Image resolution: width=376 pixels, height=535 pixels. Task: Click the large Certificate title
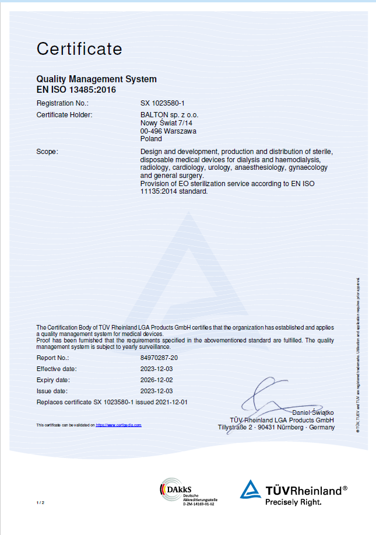pyautogui.click(x=79, y=48)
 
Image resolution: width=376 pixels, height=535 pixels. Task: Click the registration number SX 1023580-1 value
pyautogui.click(x=163, y=103)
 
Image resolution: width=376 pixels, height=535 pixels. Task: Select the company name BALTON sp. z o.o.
pyautogui.click(x=170, y=115)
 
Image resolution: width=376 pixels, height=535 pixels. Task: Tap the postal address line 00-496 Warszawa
pyautogui.click(x=168, y=131)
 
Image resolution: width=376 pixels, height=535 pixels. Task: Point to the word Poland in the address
pyautogui.click(x=152, y=139)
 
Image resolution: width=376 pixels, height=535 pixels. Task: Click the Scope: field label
pyautogui.click(x=47, y=152)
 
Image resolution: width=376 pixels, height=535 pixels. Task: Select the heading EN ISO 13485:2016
pyautogui.click(x=76, y=90)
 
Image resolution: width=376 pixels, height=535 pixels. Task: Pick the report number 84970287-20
pyautogui.click(x=159, y=357)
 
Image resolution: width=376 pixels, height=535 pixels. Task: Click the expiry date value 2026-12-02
pyautogui.click(x=157, y=380)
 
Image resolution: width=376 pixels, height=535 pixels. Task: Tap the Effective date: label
pyautogui.click(x=57, y=369)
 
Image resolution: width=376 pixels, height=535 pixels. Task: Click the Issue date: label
pyautogui.click(x=52, y=391)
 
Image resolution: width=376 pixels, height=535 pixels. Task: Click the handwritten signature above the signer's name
pyautogui.click(x=274, y=397)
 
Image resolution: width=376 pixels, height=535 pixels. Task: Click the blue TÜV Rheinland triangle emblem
pyautogui.click(x=251, y=490)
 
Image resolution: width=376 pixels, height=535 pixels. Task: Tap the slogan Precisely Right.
pyautogui.click(x=293, y=501)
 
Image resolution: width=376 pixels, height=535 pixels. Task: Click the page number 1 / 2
pyautogui.click(x=40, y=502)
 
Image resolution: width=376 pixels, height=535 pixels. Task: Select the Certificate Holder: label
pyautogui.click(x=64, y=115)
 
